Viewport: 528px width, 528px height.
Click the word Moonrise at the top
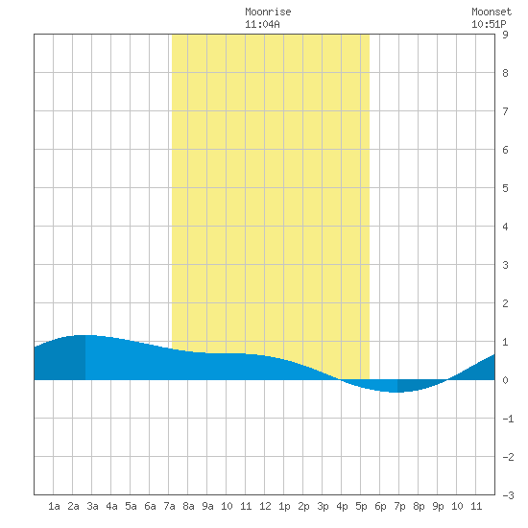pyautogui.click(x=268, y=12)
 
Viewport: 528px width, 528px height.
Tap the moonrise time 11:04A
pyautogui.click(x=262, y=24)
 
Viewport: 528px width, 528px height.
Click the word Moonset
pyautogui.click(x=492, y=12)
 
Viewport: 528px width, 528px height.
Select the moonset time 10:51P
pyautogui.click(x=489, y=24)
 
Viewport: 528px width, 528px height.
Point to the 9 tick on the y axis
pyautogui.click(x=505, y=35)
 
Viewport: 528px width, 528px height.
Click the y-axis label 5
pyautogui.click(x=505, y=188)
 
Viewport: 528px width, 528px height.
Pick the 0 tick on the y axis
pyautogui.click(x=505, y=380)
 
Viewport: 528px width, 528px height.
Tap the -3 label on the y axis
pyautogui.click(x=508, y=495)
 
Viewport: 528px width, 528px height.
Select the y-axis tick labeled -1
pyautogui.click(x=508, y=419)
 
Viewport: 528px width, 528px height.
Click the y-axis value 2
pyautogui.click(x=505, y=303)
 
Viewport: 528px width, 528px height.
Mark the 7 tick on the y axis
pyautogui.click(x=505, y=111)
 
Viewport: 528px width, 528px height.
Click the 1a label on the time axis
pyautogui.click(x=54, y=506)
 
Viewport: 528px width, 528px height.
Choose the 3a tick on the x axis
pyautogui.click(x=92, y=506)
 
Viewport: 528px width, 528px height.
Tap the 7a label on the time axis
pyautogui.click(x=169, y=506)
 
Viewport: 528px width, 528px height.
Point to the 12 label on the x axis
pyautogui.click(x=265, y=506)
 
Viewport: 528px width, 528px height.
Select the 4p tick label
pyautogui.click(x=342, y=506)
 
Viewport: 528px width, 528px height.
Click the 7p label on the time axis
pyautogui.click(x=399, y=506)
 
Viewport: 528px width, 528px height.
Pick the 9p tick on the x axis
pyautogui.click(x=438, y=506)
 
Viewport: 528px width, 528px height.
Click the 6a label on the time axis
pyautogui.click(x=150, y=506)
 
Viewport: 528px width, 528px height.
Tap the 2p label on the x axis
pyautogui.click(x=303, y=506)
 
